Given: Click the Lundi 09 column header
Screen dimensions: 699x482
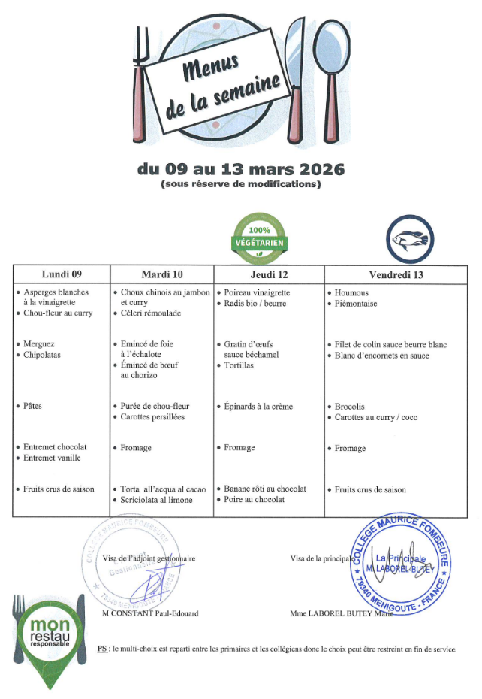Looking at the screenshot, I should coord(62,274).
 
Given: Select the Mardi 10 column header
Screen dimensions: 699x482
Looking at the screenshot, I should coord(162,274).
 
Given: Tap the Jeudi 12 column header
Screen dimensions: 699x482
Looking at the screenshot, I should coord(269,274).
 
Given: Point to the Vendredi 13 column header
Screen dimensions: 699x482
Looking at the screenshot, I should coord(396,275).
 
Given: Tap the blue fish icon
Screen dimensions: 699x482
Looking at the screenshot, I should coord(410,240).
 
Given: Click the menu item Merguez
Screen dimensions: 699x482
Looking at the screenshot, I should coord(39,344).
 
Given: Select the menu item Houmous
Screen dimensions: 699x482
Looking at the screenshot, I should coord(352,292).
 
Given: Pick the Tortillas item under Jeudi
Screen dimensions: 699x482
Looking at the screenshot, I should coord(243,365).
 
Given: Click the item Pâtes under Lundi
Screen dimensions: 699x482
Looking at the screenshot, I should coord(33,406).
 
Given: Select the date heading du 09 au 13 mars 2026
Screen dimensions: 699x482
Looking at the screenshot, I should coord(240,169).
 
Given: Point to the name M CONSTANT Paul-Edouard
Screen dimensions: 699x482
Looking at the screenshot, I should coord(150,613).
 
